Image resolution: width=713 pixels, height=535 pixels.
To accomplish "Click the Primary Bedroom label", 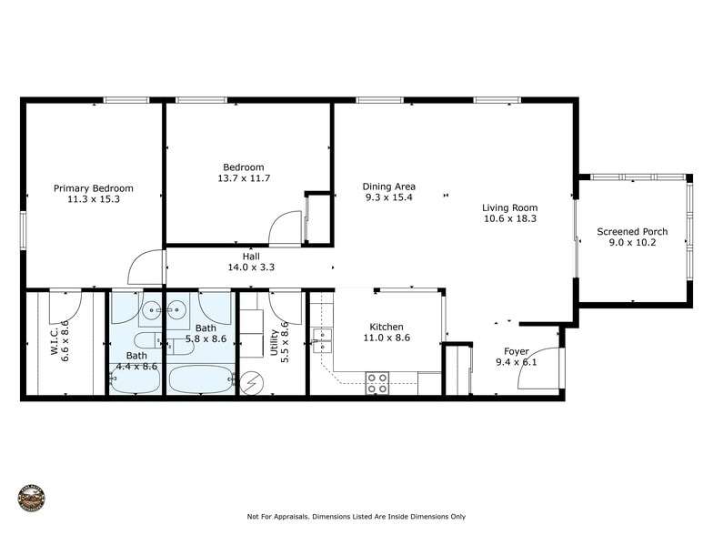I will tap(93, 188).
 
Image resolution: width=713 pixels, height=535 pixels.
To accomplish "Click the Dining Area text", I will tap(388, 187).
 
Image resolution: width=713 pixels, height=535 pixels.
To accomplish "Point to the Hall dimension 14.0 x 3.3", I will tap(251, 267).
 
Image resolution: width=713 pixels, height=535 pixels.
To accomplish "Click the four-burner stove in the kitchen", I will tap(377, 383).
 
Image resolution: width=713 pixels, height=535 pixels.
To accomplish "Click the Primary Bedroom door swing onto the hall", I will tap(146, 267).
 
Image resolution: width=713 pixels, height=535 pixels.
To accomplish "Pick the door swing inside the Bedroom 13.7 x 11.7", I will tap(286, 227).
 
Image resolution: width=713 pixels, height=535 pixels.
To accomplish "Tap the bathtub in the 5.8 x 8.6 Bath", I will tap(201, 379).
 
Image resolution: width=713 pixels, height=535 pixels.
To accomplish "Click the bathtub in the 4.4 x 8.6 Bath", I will tap(136, 380).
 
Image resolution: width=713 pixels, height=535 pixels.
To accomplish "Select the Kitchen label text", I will tap(386, 327).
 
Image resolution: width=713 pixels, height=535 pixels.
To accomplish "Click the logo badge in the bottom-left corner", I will tap(31, 499).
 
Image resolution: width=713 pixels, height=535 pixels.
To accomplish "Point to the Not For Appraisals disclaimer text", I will tap(355, 517).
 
